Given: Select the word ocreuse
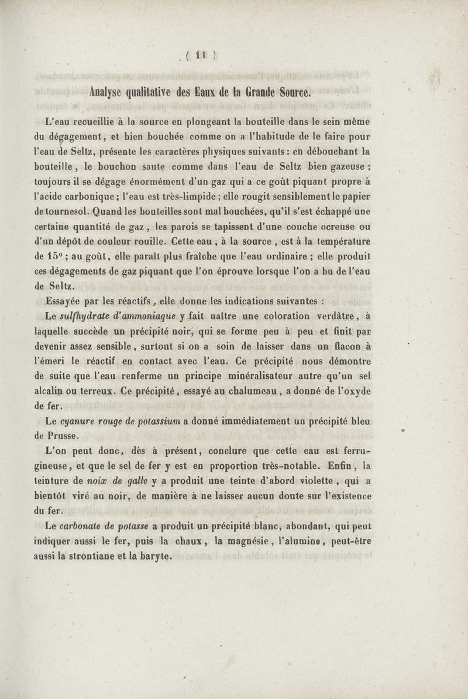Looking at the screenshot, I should [x=345, y=228].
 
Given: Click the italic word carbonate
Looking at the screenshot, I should [x=84, y=526].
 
